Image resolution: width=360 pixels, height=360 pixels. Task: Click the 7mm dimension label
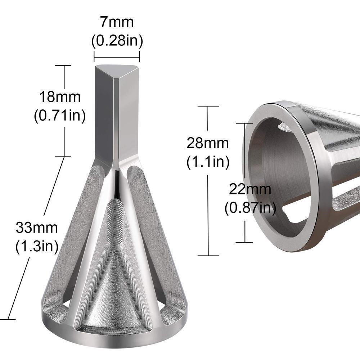point(117,22)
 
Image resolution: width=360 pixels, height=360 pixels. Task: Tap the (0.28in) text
point(117,41)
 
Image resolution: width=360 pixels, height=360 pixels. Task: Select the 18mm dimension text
point(60,97)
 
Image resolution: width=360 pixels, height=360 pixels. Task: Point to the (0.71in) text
point(60,116)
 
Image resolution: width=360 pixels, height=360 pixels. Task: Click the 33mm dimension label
point(37,228)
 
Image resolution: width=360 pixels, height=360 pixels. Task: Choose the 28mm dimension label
point(208,143)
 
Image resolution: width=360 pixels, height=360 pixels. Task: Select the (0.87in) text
point(250,208)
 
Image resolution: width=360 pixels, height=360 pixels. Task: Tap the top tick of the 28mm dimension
point(208,106)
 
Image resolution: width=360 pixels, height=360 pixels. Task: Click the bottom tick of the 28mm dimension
point(208,255)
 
